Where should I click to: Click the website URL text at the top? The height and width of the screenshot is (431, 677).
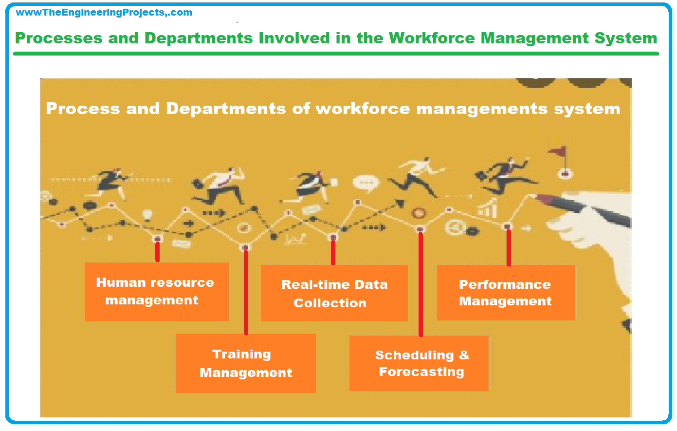point(104,12)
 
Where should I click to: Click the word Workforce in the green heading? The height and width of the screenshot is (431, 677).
point(432,38)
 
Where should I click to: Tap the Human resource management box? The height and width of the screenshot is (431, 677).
point(157,292)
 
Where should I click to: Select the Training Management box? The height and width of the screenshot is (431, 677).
point(246,363)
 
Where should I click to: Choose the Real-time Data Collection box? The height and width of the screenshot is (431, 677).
point(334,293)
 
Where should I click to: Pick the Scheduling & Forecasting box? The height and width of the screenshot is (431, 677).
point(419,363)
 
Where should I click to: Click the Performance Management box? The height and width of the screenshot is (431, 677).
point(506,293)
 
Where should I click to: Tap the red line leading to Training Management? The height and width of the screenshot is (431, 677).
point(246,292)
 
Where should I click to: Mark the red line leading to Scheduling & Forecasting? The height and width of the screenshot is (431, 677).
point(421,284)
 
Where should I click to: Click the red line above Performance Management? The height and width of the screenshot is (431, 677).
point(509,248)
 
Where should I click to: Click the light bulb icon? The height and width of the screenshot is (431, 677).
point(147,215)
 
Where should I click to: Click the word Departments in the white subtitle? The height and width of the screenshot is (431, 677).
point(226,109)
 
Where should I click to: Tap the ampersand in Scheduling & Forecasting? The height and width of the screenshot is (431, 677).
point(464,355)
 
